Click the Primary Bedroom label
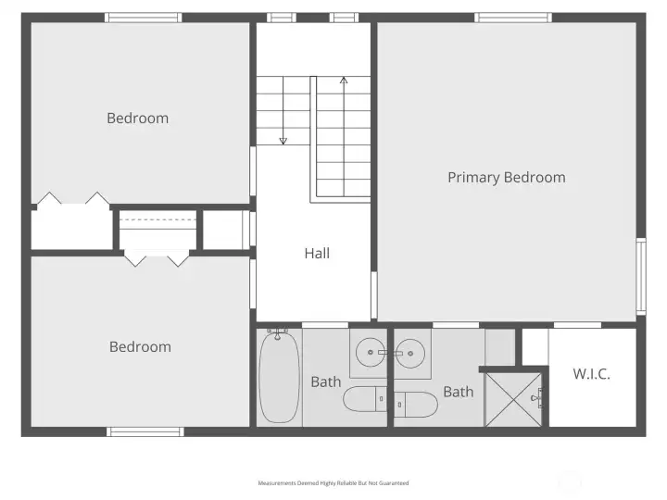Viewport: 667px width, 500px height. (x=507, y=178)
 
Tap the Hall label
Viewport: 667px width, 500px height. (x=317, y=254)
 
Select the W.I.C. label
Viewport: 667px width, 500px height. (x=591, y=374)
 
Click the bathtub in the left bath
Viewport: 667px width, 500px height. (x=279, y=376)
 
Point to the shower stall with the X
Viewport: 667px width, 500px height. (x=513, y=400)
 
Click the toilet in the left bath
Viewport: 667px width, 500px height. (x=365, y=399)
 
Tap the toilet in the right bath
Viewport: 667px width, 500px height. (x=416, y=405)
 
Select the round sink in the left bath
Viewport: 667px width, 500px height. (x=371, y=353)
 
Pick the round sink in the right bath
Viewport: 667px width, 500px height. (x=410, y=353)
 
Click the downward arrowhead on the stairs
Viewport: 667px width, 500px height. (x=283, y=141)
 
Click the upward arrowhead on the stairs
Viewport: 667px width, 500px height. (x=344, y=80)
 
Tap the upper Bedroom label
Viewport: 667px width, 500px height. (x=137, y=119)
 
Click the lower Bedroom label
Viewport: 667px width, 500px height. (x=140, y=347)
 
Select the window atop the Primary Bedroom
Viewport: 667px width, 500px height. (x=513, y=18)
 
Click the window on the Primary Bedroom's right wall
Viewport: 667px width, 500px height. (x=641, y=276)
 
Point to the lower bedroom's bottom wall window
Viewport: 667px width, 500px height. (x=145, y=432)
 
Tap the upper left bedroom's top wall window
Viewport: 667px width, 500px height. (x=143, y=18)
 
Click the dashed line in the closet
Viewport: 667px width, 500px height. (x=157, y=219)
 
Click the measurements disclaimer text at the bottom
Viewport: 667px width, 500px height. (x=333, y=483)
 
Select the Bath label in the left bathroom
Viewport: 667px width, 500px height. (x=326, y=381)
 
